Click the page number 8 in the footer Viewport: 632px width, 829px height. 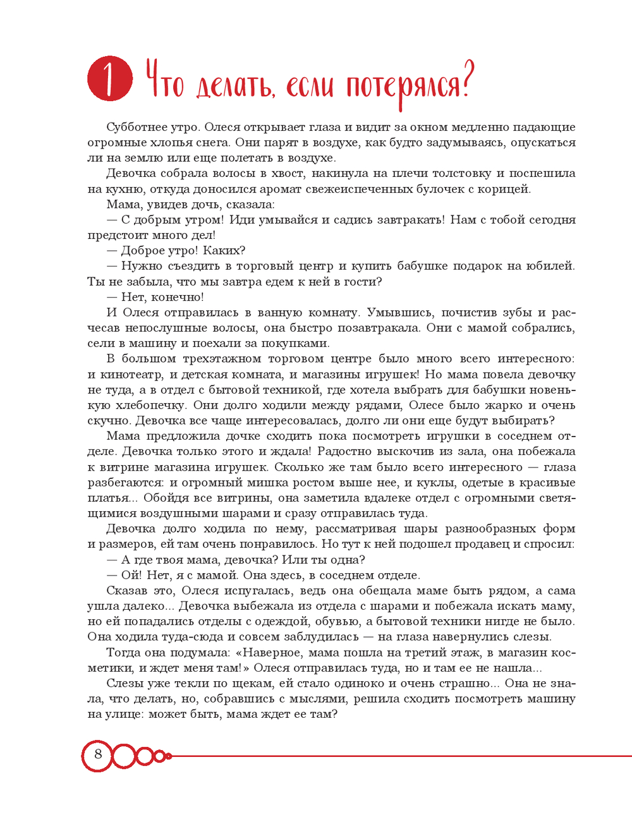[x=98, y=754]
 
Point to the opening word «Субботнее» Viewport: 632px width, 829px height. [x=135, y=127]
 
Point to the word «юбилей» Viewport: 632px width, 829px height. [x=552, y=266]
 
